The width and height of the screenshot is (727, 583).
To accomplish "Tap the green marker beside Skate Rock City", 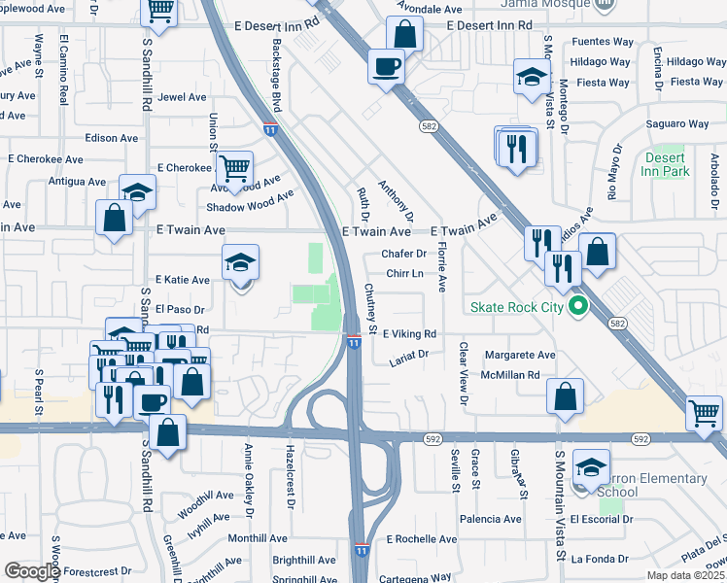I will click(x=577, y=307).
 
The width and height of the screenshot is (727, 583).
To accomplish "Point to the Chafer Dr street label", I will click(x=404, y=254).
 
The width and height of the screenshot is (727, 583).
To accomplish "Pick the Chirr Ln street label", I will click(x=404, y=274).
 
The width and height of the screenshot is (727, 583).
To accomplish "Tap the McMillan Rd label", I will click(x=514, y=375).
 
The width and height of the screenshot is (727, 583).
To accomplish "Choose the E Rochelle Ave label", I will click(x=421, y=539).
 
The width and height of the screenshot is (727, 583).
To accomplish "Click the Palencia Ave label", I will click(x=492, y=519).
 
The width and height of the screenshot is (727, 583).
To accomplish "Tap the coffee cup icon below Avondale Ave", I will click(x=387, y=67).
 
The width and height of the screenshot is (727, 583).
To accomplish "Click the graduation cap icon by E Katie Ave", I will click(x=240, y=263).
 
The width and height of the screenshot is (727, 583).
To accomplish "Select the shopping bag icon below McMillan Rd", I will click(x=565, y=397).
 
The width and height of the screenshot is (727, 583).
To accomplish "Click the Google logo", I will click(x=31, y=571).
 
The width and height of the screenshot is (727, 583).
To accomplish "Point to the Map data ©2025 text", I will click(x=686, y=576).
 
